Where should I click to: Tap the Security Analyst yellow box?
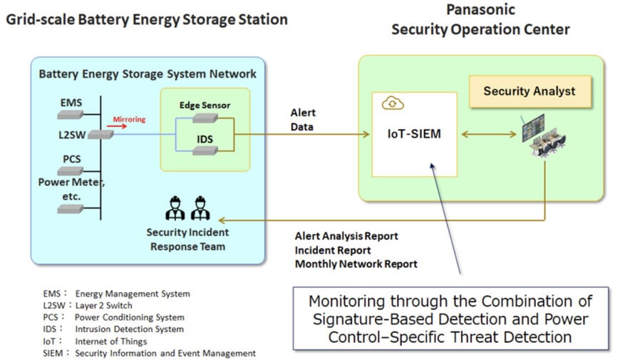[x=529, y=91]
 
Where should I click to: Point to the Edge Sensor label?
[x=205, y=105]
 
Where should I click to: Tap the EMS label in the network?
[x=71, y=103]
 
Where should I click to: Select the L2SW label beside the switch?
[x=71, y=134]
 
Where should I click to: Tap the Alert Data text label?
[x=303, y=119]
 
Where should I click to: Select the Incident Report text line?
[x=333, y=250]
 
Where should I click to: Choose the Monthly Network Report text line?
[x=356, y=264]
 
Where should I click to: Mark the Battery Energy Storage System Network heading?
[x=148, y=74]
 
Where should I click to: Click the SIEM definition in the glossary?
[x=149, y=353]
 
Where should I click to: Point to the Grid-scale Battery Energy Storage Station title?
[x=147, y=19]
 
